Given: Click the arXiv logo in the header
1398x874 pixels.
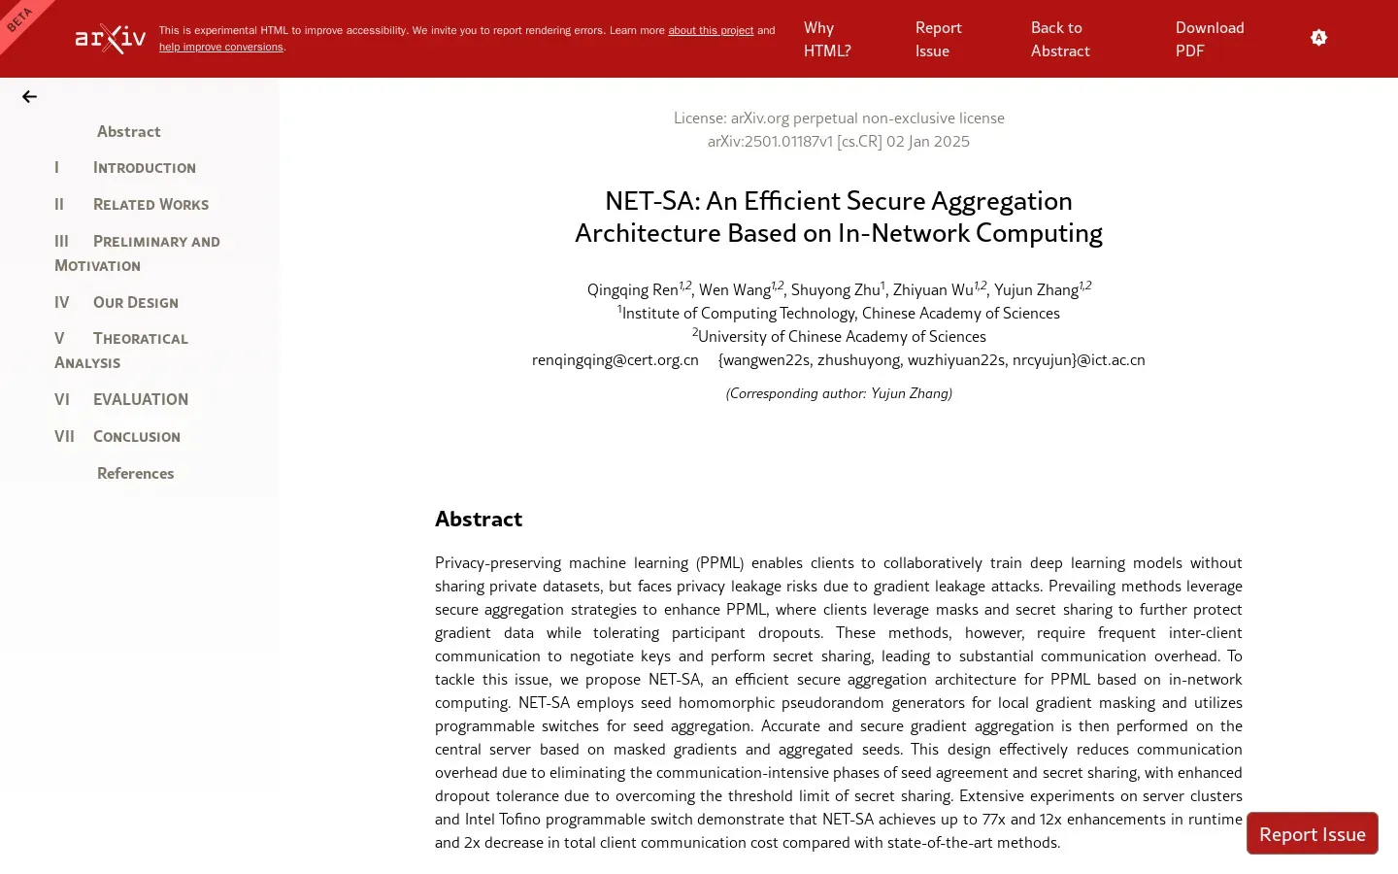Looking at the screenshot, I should click(x=111, y=39).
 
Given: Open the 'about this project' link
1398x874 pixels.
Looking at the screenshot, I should click(x=711, y=31).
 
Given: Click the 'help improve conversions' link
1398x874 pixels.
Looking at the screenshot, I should click(x=221, y=48).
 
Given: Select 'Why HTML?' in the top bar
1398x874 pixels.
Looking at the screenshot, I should click(x=827, y=40).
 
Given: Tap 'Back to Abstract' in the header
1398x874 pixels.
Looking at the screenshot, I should click(x=1060, y=40).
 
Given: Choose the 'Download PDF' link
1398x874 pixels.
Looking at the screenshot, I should click(x=1210, y=40).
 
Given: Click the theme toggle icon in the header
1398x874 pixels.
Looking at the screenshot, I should click(x=1318, y=38).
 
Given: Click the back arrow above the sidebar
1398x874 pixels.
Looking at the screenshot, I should click(x=30, y=97).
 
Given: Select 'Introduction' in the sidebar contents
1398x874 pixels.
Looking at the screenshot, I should click(x=144, y=168).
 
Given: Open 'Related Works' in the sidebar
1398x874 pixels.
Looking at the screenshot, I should click(x=150, y=205).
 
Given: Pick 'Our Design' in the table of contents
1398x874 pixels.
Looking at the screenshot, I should click(x=135, y=303).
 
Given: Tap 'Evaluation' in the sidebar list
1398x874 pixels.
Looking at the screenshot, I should click(x=140, y=399).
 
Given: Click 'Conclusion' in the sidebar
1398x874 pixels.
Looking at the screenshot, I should click(x=136, y=437).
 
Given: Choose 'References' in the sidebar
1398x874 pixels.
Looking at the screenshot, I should click(x=135, y=474).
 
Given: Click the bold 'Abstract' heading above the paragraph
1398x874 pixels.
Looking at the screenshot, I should click(x=479, y=520).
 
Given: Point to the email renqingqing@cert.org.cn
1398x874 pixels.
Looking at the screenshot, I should click(x=616, y=360).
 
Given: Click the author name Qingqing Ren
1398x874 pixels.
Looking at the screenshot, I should click(x=632, y=290).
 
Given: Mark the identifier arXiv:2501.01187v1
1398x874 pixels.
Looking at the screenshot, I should click(x=770, y=142).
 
